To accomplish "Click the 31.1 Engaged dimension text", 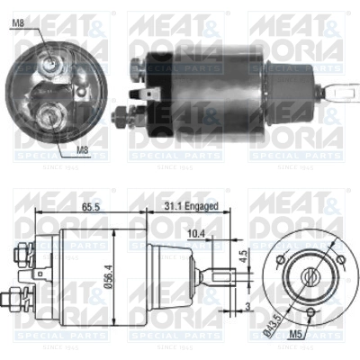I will pos(190,206).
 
